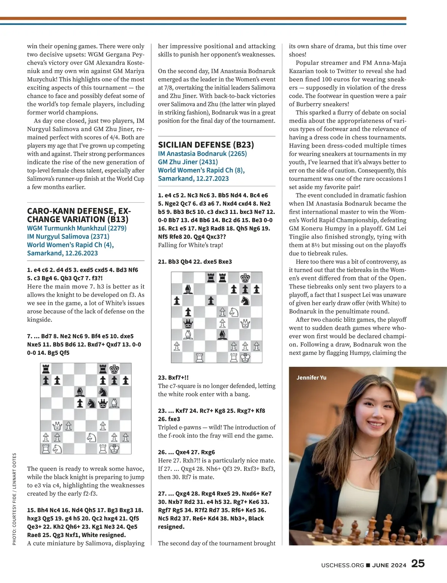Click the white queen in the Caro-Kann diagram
click(57, 426)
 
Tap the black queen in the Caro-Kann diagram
click(103, 403)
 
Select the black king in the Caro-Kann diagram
click(114, 369)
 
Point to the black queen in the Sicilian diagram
click(188, 323)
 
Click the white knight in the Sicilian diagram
click(234, 312)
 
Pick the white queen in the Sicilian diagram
click(245, 323)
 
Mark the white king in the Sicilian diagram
click(245, 357)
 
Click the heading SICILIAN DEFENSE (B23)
click(206, 145)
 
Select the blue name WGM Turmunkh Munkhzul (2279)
click(77, 228)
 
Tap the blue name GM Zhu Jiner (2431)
click(188, 162)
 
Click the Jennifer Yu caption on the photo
click(311, 378)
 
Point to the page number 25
click(418, 564)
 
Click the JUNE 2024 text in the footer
click(389, 565)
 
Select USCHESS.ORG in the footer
click(343, 565)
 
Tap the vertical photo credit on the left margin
click(15, 499)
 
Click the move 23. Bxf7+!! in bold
click(173, 378)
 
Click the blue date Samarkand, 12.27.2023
click(193, 179)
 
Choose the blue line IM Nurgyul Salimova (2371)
click(68, 236)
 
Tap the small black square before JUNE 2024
click(368, 565)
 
